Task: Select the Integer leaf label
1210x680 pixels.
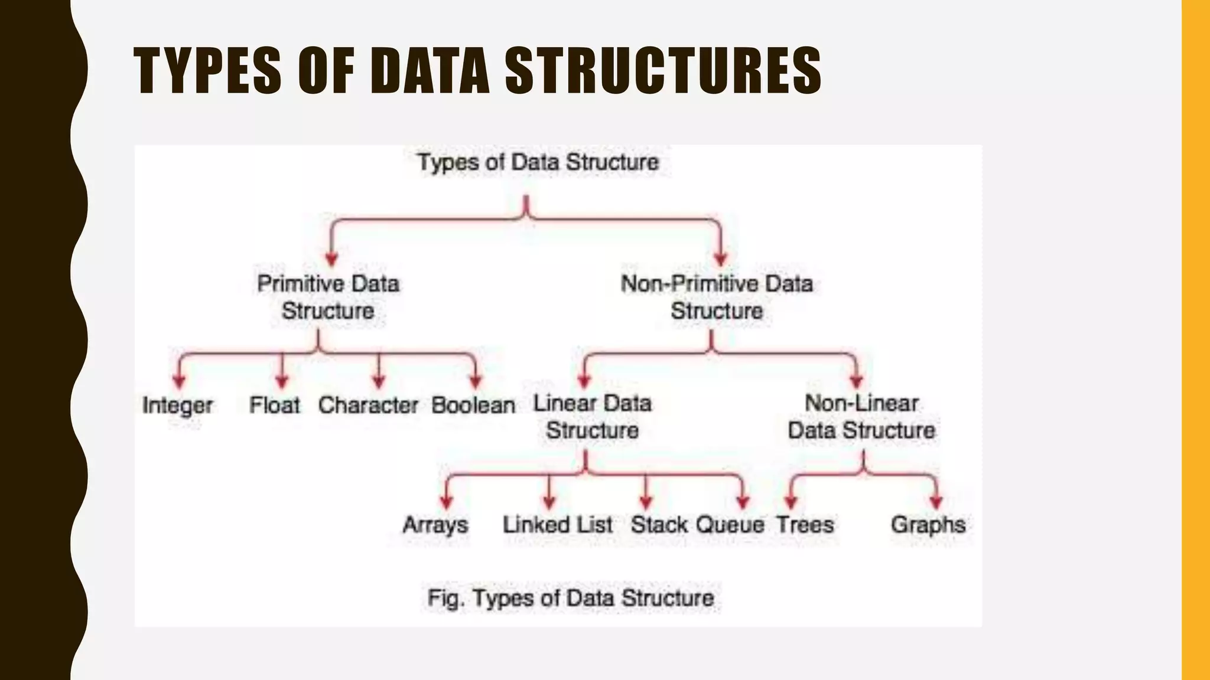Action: [177, 406]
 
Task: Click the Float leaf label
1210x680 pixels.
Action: [275, 406]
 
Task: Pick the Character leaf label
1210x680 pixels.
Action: [368, 406]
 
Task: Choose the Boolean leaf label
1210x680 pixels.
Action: [473, 406]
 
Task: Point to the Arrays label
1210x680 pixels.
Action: [435, 525]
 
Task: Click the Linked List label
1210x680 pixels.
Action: [557, 525]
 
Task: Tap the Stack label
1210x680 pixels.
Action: [659, 525]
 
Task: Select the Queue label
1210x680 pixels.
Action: [730, 525]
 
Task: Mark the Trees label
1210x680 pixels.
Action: [805, 525]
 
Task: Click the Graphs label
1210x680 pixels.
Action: [928, 525]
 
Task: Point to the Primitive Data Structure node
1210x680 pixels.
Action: [328, 297]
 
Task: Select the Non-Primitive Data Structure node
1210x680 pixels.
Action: [717, 297]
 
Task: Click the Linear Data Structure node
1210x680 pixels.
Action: [593, 417]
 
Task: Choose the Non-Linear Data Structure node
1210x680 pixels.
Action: [861, 417]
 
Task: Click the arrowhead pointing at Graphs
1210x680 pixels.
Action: [936, 502]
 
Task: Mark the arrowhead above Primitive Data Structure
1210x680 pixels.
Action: [331, 259]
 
